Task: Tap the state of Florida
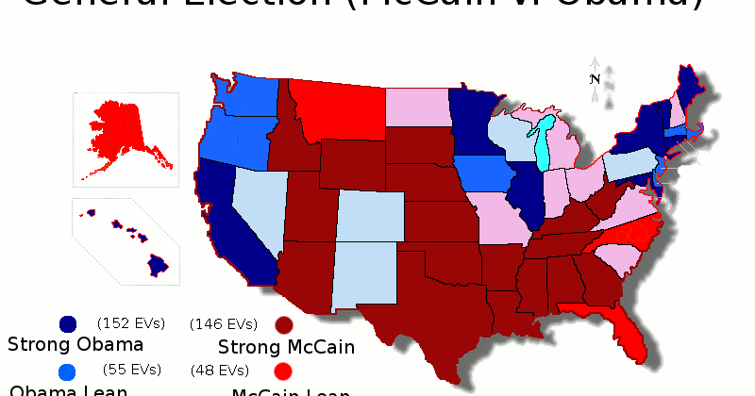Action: point(623,330)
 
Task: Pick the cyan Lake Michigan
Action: point(543,141)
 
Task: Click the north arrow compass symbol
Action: point(595,79)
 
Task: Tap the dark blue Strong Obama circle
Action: point(68,324)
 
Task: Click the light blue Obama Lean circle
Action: point(68,371)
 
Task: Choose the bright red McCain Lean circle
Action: point(284,371)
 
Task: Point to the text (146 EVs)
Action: point(224,323)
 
